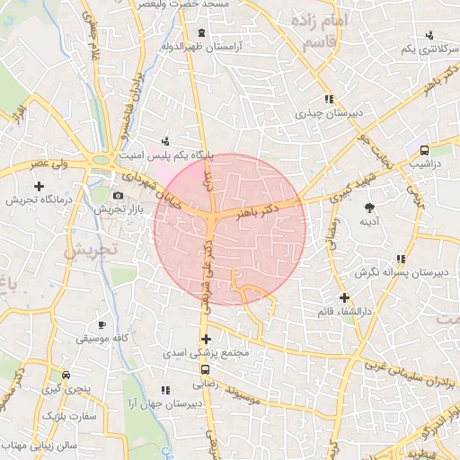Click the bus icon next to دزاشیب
click(423, 151)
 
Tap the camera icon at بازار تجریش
click(118, 195)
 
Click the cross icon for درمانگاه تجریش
click(38, 186)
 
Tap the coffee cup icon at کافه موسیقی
click(102, 323)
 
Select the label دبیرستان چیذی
click(328, 114)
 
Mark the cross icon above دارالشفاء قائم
click(344, 297)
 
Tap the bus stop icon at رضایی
click(206, 369)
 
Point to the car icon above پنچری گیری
click(65, 375)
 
